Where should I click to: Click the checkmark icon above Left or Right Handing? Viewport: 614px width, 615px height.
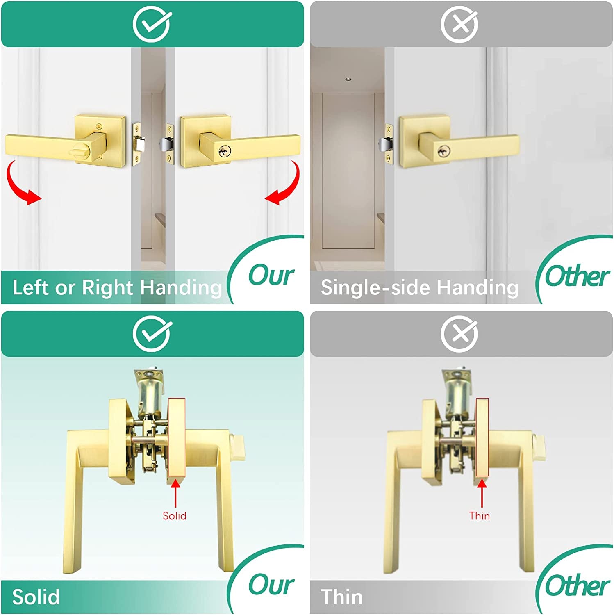click(152, 24)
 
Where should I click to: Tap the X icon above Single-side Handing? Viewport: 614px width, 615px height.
click(459, 24)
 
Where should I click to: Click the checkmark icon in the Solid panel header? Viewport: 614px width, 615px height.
click(152, 334)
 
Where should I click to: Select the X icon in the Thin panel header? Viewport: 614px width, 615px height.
click(459, 334)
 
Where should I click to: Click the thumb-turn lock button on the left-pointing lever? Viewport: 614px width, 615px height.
click(80, 151)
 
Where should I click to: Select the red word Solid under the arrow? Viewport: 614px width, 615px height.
click(175, 516)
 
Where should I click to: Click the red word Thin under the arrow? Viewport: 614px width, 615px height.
click(480, 516)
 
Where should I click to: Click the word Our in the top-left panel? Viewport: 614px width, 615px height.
click(271, 275)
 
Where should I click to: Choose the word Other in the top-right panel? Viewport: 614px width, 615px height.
click(577, 276)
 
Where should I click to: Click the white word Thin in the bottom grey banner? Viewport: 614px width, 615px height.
click(342, 597)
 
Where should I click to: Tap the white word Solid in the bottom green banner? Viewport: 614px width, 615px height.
click(36, 597)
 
